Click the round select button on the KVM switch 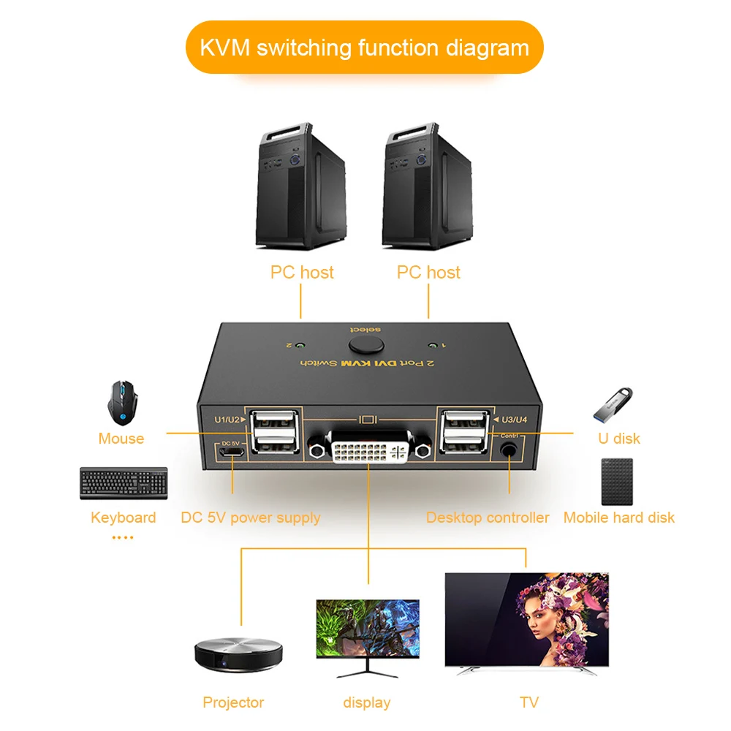coord(365,343)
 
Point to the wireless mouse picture coord(121,403)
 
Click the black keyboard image coord(124,483)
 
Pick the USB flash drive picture coord(613,404)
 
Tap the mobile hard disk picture coord(618,482)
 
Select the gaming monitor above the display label coord(368,630)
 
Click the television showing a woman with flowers coord(526,621)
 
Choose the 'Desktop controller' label coord(488,518)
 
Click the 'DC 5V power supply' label coord(251,518)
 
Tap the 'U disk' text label coord(618,439)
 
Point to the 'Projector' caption coord(233,702)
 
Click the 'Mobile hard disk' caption coord(618,518)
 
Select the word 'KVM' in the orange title coord(226,48)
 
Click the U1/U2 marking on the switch coord(227,419)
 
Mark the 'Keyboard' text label coord(123,518)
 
